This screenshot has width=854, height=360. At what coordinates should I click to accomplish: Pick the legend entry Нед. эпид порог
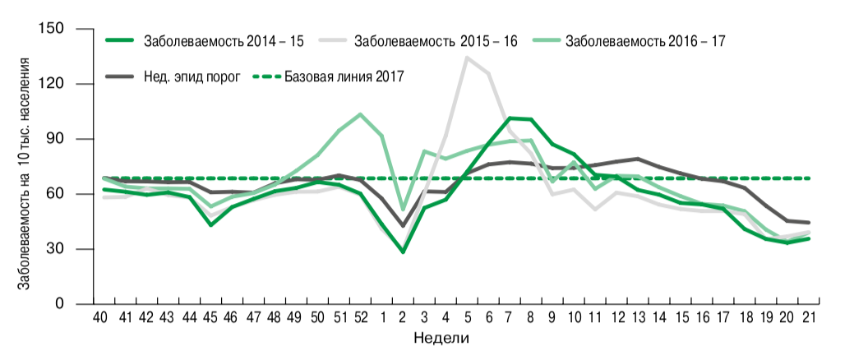pos(197,76)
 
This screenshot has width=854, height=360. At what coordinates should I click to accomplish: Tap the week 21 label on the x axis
pos(808,318)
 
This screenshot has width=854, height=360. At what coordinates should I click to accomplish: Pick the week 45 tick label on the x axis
pos(210,318)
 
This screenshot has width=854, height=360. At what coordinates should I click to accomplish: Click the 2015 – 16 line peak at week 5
pos(467,58)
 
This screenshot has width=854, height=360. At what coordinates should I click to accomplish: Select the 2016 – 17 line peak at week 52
pos(360,114)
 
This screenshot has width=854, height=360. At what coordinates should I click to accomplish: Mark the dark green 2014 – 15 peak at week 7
pos(510,118)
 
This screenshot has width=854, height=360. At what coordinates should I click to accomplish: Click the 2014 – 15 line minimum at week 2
pos(403,252)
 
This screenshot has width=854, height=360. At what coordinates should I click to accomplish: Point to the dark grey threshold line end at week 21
pos(809,223)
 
